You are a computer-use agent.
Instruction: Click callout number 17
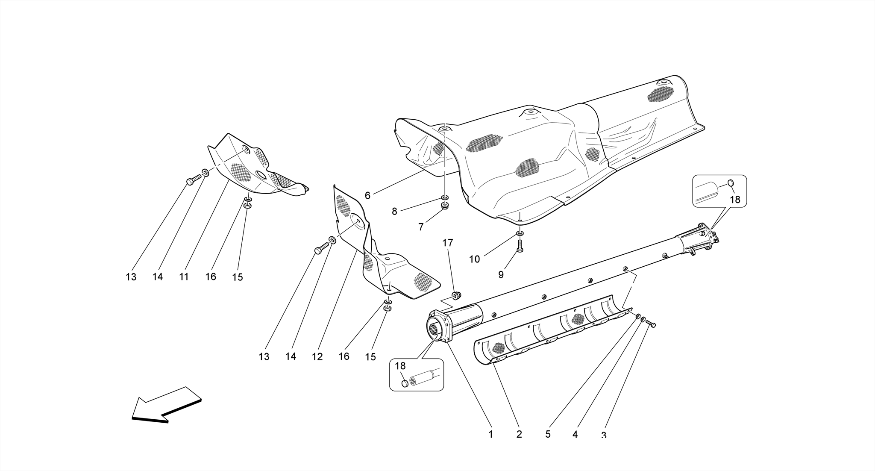pos(447,243)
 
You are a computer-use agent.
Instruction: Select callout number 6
pos(367,196)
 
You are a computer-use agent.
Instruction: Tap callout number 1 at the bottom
pos(491,434)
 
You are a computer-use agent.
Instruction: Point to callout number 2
pos(519,434)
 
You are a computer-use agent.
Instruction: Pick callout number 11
pos(184,277)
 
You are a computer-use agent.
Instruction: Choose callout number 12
pos(317,356)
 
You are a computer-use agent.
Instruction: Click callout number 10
pos(475,259)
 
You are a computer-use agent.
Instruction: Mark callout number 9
pos(501,275)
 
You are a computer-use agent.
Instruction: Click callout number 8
pos(394,211)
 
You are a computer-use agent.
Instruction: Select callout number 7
pos(421,227)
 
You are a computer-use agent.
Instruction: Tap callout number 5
pos(548,434)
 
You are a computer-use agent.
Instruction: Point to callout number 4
pos(575,434)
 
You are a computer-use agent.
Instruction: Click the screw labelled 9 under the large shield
pos(520,246)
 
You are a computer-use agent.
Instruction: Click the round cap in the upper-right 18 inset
pos(730,183)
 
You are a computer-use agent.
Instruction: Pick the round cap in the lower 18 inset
pos(405,383)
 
